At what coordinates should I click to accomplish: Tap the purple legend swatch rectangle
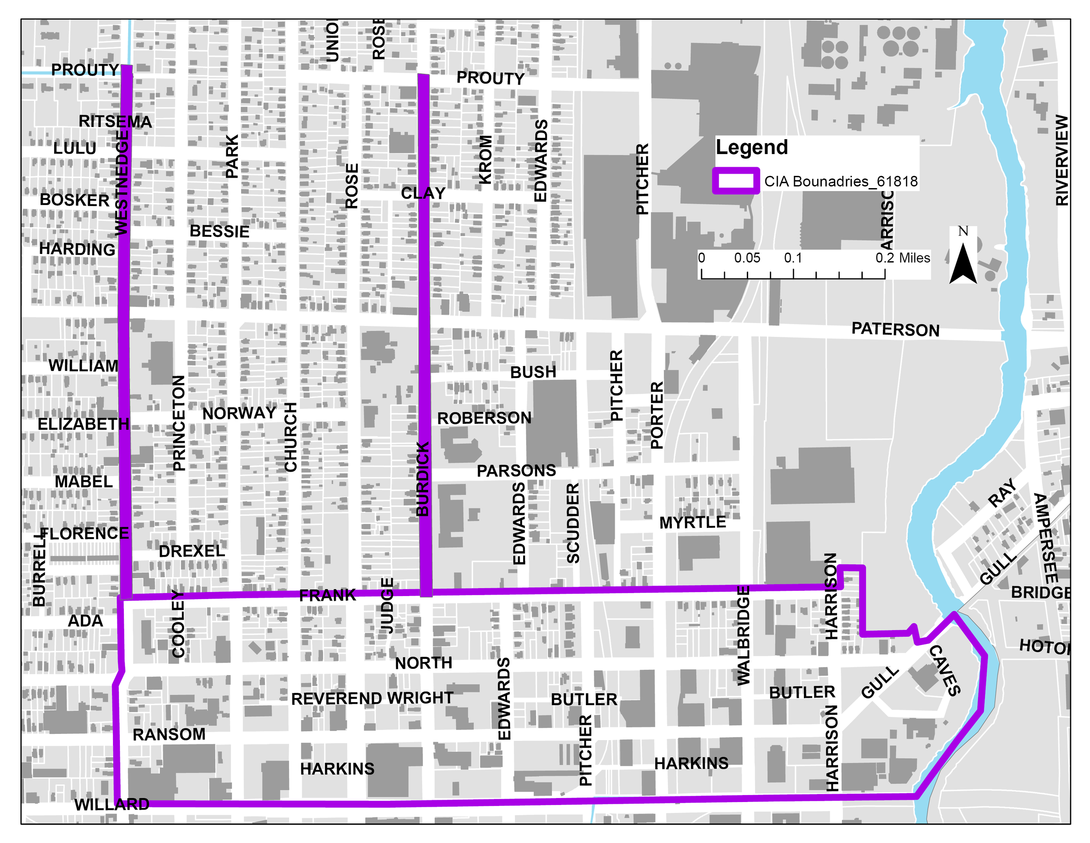click(x=736, y=181)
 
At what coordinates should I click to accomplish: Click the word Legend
click(x=751, y=148)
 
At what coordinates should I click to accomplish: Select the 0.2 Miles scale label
click(x=903, y=258)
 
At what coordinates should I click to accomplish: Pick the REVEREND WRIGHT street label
click(x=372, y=698)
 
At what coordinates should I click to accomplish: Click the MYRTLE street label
click(x=692, y=523)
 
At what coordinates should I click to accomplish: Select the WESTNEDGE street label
click(x=122, y=182)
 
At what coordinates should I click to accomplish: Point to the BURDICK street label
click(x=423, y=478)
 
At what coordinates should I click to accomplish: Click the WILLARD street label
click(x=112, y=805)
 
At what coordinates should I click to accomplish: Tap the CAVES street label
click(x=944, y=671)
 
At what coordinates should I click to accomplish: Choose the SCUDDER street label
click(x=573, y=523)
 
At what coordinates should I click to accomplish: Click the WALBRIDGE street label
click(x=743, y=636)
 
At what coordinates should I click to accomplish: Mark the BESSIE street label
click(x=219, y=232)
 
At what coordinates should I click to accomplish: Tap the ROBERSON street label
click(x=484, y=418)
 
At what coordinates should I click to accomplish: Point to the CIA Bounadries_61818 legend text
click(x=841, y=181)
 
